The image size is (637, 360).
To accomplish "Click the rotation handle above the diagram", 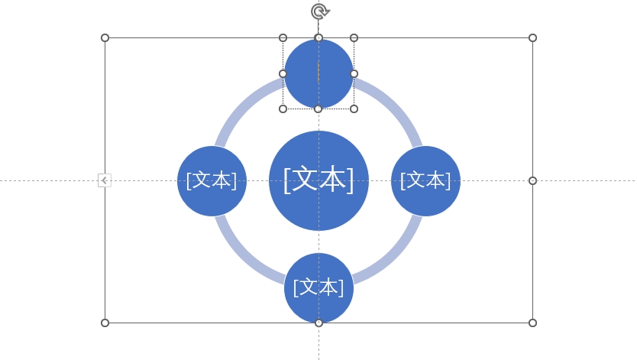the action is coord(319,11).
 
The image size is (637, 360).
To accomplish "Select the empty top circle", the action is coord(318,73).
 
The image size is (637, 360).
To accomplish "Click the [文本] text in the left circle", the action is coord(212,180).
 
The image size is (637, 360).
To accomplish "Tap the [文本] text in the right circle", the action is coord(425,180).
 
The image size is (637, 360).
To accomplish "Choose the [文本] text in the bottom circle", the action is coord(318,287).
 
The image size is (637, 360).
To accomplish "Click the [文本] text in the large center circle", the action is coord(318,180).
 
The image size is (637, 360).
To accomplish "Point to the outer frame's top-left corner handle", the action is coord(105,37).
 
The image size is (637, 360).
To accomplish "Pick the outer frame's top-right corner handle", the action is coord(532,37).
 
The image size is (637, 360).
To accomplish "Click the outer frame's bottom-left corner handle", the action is coord(105,323).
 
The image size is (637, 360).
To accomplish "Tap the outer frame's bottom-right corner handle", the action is coord(532,323).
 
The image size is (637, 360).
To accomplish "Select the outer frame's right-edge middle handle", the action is coord(532,180).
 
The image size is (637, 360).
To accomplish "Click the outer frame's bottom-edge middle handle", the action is coord(318,323).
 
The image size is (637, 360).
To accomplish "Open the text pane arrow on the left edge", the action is coord(105,180).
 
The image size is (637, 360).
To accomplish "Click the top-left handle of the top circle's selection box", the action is coord(283,37).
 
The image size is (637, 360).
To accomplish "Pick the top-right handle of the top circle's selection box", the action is coord(354,37).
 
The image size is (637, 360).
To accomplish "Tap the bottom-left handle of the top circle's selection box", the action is coord(283,109).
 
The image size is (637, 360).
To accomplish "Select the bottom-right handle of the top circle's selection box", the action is coord(354,109).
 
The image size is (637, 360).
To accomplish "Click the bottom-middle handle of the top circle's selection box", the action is coord(318,109).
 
